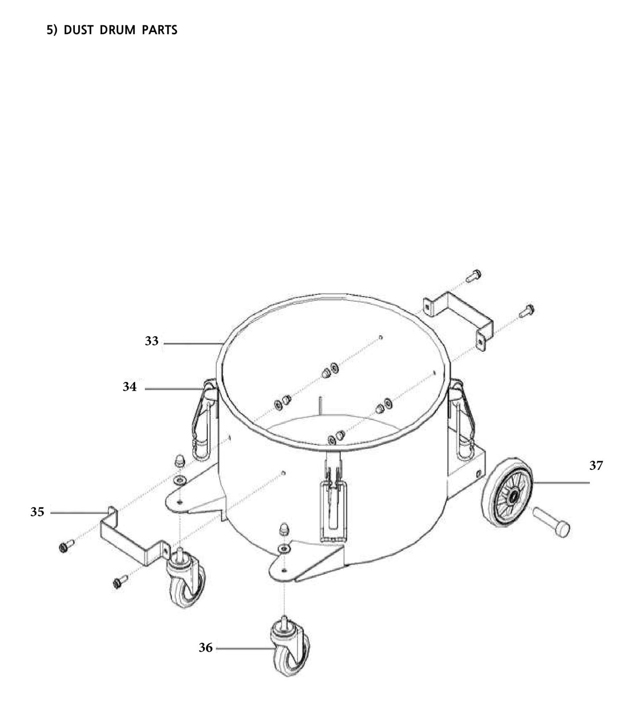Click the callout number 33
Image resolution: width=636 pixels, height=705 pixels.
tap(151, 341)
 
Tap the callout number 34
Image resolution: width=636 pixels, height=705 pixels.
tap(129, 387)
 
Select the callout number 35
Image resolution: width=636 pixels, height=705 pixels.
tap(37, 512)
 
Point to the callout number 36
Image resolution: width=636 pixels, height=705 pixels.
tap(206, 648)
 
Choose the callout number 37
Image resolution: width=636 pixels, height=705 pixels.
tap(596, 466)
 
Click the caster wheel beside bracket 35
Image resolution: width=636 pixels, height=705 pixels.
tap(186, 580)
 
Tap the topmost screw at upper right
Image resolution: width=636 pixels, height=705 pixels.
tap(474, 276)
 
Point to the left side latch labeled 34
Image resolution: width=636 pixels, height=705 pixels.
tap(204, 420)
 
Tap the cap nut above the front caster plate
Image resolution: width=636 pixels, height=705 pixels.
tap(284, 529)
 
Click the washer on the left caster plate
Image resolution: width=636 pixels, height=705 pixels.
tap(180, 479)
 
